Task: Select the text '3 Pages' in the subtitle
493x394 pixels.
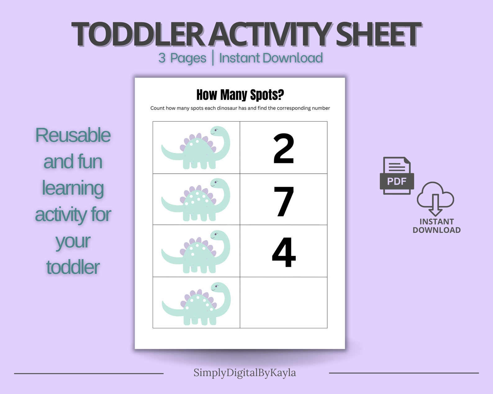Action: point(182,58)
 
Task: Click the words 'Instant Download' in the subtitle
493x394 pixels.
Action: point(271,58)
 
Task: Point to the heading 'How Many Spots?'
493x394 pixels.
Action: point(240,95)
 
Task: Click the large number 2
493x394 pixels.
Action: point(283,148)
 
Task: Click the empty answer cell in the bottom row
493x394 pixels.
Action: point(283,302)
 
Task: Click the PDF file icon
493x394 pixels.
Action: point(397,176)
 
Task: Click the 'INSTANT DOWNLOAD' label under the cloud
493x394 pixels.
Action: point(436,226)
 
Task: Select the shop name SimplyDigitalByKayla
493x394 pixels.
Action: point(245,373)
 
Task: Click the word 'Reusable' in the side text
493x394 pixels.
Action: point(73,135)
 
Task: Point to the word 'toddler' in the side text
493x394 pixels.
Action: point(73,267)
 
